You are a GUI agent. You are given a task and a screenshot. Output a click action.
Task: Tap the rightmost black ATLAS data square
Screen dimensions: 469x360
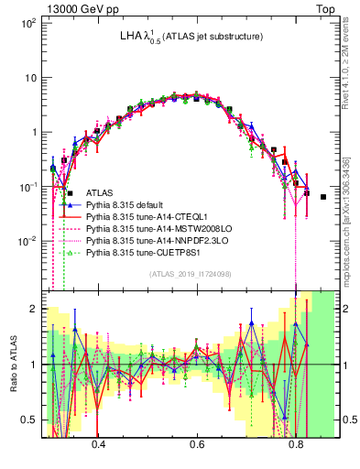[x=323, y=197]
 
